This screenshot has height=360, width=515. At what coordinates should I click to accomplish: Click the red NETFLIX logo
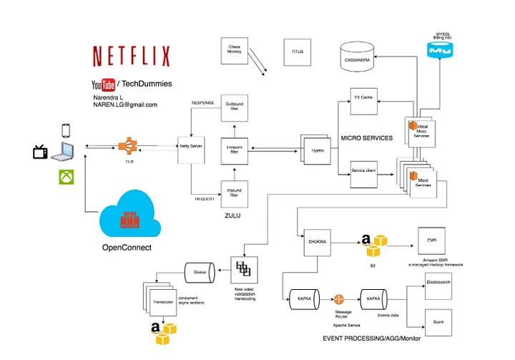click(131, 56)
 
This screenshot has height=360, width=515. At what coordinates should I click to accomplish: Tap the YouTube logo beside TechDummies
click(104, 84)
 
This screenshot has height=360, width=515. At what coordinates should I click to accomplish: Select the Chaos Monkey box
click(234, 51)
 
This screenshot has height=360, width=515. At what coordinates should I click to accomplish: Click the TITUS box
click(297, 52)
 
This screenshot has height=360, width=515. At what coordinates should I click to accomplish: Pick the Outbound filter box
click(234, 108)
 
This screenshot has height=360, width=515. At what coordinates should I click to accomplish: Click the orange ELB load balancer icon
click(129, 146)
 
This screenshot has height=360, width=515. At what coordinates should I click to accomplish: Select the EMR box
click(431, 238)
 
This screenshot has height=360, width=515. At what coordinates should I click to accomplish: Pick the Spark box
click(440, 321)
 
